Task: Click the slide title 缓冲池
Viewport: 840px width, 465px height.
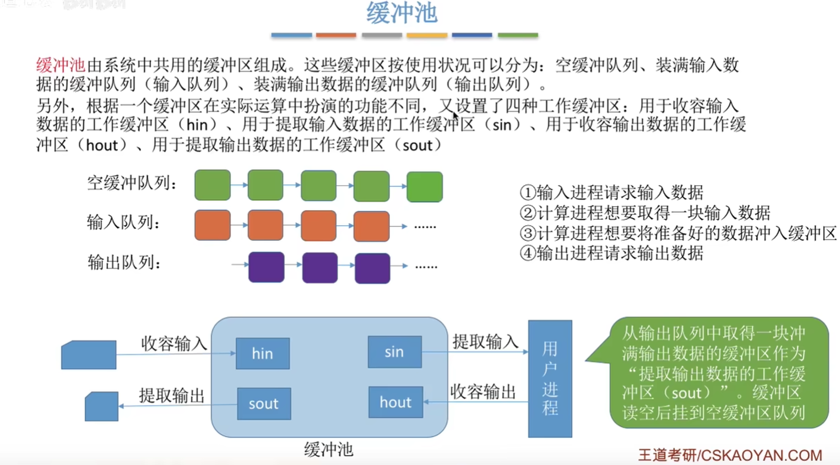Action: (x=402, y=13)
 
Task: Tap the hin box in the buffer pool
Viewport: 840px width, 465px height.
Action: (x=263, y=353)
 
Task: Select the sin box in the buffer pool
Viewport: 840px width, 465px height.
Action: (x=394, y=352)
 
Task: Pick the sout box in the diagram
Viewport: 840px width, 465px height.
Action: (x=264, y=403)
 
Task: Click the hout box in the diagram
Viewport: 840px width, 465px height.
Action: (x=395, y=402)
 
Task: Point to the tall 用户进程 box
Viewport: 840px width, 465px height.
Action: (x=550, y=379)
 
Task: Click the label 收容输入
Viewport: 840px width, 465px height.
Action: (x=174, y=343)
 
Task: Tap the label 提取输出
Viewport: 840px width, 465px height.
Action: (x=172, y=396)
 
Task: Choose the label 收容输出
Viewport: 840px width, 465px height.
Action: (x=483, y=392)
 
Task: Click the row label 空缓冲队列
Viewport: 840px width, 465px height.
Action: (x=132, y=183)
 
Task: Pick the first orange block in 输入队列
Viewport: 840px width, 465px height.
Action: (x=212, y=225)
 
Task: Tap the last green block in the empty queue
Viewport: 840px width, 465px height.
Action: (x=425, y=187)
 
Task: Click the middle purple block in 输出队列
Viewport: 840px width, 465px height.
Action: (x=320, y=268)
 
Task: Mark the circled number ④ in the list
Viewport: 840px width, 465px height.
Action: (x=528, y=253)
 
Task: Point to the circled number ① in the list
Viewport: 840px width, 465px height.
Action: (x=528, y=192)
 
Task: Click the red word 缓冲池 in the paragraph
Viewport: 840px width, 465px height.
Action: (x=61, y=65)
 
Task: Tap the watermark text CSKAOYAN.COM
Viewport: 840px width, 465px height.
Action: (x=761, y=455)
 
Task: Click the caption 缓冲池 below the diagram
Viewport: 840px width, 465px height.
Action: (x=328, y=449)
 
